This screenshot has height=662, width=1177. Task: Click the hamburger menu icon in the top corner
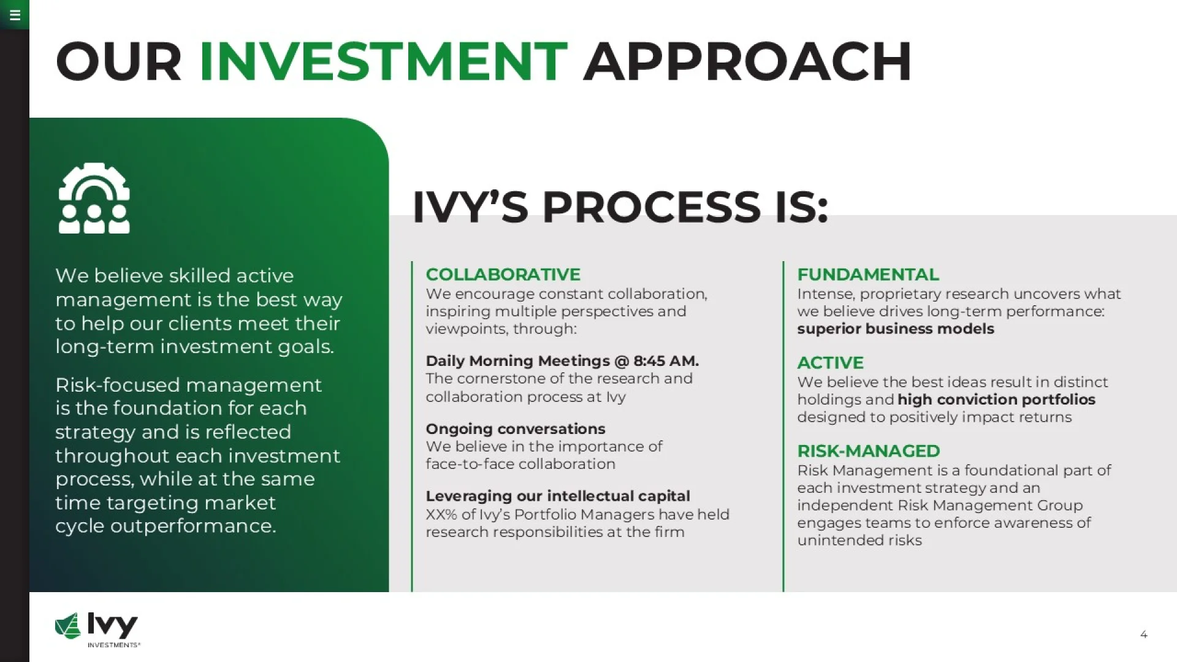[x=15, y=15]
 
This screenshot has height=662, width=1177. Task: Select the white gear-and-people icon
[x=94, y=198]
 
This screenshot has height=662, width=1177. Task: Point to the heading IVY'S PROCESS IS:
[x=620, y=207]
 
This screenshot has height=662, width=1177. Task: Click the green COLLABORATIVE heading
[x=503, y=274]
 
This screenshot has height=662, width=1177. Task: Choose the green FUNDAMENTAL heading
[x=867, y=274]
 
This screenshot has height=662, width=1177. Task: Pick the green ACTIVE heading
[x=830, y=362]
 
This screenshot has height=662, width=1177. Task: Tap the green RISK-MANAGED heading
[x=868, y=451]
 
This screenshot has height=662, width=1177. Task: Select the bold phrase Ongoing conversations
[x=516, y=428]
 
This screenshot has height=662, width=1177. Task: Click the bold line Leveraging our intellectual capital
[x=558, y=496]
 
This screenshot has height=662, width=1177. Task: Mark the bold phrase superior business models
[x=896, y=329]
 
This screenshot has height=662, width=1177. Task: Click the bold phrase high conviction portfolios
[x=996, y=400]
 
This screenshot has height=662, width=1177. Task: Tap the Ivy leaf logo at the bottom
[x=68, y=626]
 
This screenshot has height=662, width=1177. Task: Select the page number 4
[x=1143, y=634]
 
